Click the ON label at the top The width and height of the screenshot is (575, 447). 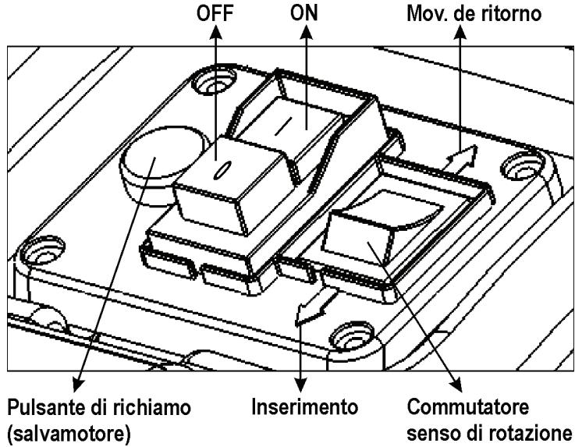[302, 13]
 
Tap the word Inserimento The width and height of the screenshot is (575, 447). [303, 408]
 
